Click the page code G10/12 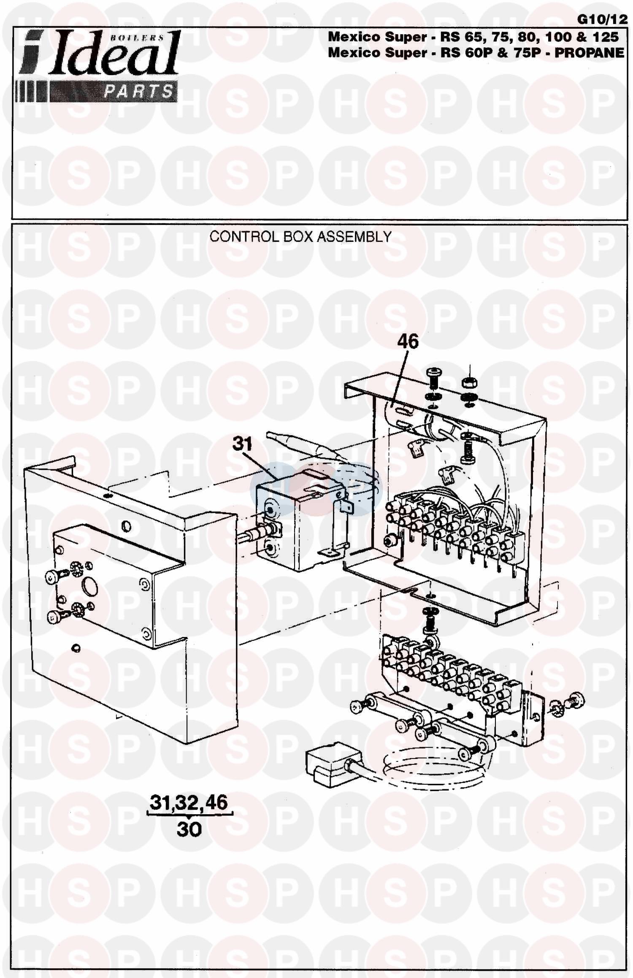pos(603,19)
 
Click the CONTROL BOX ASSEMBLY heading pos(300,236)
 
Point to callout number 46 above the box pos(408,341)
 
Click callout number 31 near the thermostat pos(242,444)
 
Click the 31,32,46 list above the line pos(189,802)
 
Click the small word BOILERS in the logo pos(137,38)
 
